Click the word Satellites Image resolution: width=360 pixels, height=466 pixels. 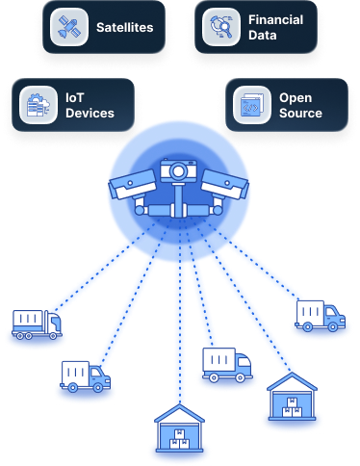(125, 28)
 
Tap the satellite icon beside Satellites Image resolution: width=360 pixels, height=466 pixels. (66, 26)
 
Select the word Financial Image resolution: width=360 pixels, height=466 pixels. (276, 19)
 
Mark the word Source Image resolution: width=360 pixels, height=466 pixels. (300, 114)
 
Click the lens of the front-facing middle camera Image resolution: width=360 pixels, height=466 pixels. (177, 170)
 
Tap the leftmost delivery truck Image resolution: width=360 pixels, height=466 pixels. (37, 324)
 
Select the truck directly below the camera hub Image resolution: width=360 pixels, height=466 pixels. (227, 364)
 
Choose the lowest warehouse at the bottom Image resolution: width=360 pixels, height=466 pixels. (178, 432)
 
